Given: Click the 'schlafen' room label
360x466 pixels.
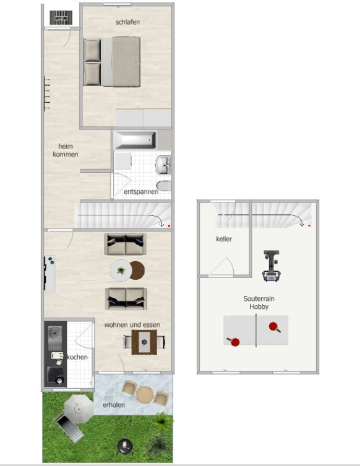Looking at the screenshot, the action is click(127, 22).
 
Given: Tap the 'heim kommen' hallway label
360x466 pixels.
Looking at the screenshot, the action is click(65, 150).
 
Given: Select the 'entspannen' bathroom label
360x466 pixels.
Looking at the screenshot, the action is click(141, 192).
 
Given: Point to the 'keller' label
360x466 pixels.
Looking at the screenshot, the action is click(224, 238).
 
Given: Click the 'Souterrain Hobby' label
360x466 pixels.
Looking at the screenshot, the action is click(259, 303).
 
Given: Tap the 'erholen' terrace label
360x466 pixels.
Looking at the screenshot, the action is click(113, 405).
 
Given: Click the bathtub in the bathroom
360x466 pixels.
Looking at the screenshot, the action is click(135, 140).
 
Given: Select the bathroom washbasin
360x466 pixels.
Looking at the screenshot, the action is click(163, 164).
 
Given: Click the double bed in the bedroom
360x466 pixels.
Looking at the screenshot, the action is click(112, 62).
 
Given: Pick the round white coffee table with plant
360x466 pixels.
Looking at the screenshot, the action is click(121, 270).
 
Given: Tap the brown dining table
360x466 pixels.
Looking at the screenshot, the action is click(145, 342).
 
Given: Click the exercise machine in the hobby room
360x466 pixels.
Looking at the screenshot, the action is click(271, 266).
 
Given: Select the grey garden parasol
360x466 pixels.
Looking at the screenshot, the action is click(79, 410).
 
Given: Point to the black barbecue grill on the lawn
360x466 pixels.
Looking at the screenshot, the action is click(125, 446).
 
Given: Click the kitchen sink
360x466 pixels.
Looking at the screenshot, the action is click(55, 338).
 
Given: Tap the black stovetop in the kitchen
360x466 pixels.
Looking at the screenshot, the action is click(55, 375).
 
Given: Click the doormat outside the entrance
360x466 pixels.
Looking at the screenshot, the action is click(61, 18).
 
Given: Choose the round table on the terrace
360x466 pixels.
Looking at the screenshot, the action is click(145, 394).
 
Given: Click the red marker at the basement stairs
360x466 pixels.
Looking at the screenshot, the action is click(309, 225).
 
